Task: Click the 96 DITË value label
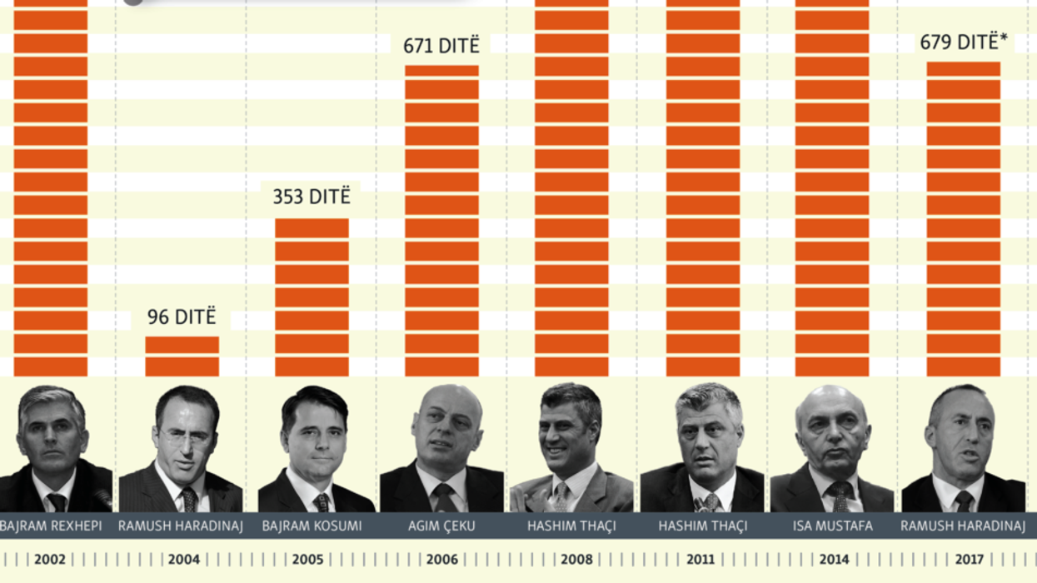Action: coord(182,317)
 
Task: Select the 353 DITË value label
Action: coord(312,197)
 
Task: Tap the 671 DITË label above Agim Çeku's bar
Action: coord(441,46)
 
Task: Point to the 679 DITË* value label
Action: coord(964,42)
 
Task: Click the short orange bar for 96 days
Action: coord(182,356)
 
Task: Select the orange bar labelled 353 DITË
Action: coord(312,296)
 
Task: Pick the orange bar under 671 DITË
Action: coord(441,220)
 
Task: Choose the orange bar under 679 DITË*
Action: coord(963,218)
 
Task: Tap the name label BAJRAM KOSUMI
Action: coord(312,526)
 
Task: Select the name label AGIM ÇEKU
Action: coord(441,526)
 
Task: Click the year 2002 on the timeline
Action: coord(50,560)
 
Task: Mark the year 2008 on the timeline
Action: coord(576,560)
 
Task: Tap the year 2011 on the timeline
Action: coord(700,560)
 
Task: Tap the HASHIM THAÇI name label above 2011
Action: coord(702,526)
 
